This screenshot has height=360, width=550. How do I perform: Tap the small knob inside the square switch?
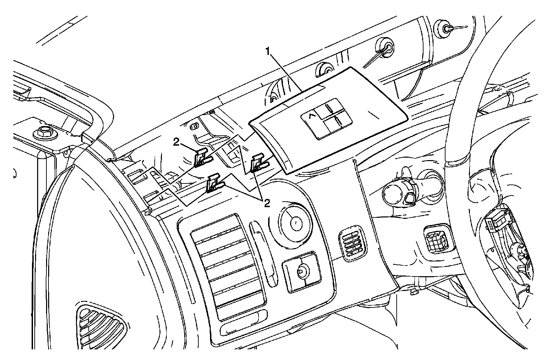tap(301, 271)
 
